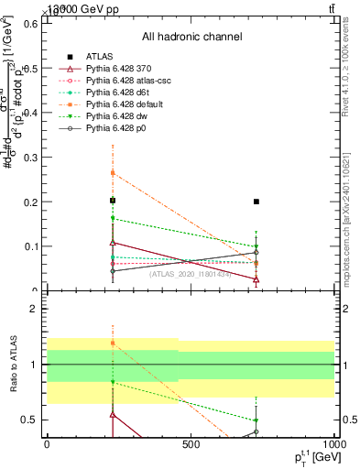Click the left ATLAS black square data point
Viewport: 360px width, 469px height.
point(113,201)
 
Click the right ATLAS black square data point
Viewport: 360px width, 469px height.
point(256,202)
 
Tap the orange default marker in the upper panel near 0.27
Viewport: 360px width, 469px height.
point(113,172)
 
